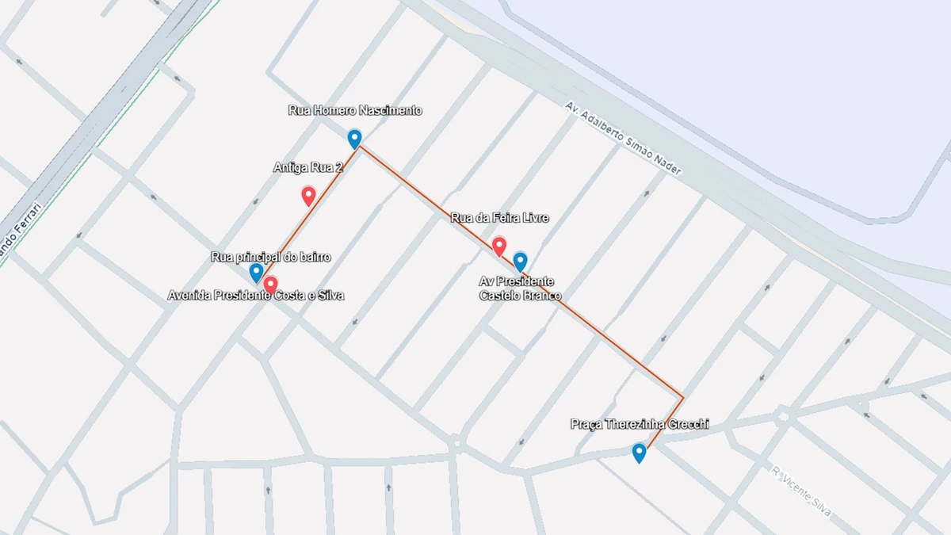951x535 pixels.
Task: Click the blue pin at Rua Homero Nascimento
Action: click(354, 139)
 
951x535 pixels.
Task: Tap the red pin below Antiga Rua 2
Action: click(309, 196)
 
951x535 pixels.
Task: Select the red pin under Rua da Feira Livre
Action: click(499, 246)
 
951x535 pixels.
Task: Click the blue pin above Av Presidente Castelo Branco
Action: click(521, 261)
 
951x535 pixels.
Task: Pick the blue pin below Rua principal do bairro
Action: click(256, 273)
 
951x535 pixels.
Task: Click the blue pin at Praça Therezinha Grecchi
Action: click(639, 453)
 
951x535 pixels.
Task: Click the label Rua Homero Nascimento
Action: click(355, 111)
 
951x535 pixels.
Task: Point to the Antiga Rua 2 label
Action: click(308, 167)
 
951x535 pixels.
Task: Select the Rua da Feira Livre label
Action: click(499, 217)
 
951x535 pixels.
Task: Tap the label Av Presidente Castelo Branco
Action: click(520, 289)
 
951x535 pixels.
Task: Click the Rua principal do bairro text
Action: click(270, 257)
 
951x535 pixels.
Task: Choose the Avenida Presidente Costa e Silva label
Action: click(256, 296)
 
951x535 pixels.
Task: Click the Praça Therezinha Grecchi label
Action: click(640, 425)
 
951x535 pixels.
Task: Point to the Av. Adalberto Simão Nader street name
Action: click(624, 139)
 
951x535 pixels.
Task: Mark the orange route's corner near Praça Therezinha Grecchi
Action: click(682, 396)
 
